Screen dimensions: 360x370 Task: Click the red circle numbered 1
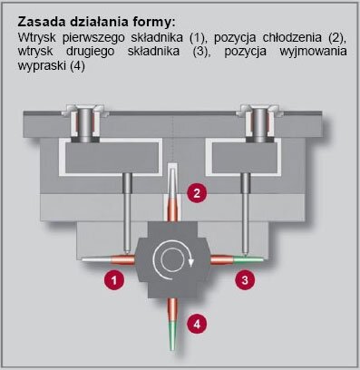coord(114,280)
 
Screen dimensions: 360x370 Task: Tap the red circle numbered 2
coord(197,192)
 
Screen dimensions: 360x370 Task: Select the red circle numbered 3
coord(245,279)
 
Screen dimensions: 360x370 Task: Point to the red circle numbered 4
coord(197,325)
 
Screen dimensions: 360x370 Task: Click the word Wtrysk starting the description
coord(37,38)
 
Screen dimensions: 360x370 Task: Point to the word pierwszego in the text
coord(93,38)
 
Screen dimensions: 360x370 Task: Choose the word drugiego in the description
coord(90,52)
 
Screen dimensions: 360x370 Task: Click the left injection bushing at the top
coord(84,123)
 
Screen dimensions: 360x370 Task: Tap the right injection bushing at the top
coord(258,123)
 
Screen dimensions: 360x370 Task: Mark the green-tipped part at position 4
coord(172,324)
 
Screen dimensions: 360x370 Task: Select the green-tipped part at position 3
coord(237,259)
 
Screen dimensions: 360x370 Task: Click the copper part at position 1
coord(109,259)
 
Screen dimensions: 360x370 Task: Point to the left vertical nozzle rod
coord(127,213)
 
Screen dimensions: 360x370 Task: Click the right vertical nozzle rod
coord(246,213)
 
